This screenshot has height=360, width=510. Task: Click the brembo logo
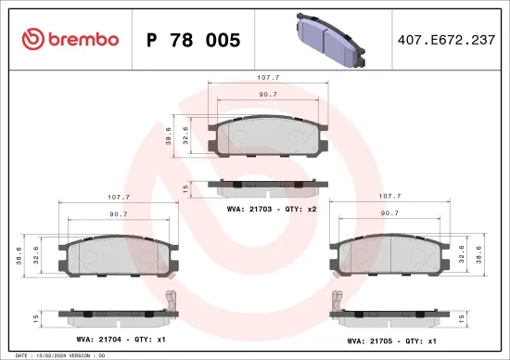[x=70, y=39]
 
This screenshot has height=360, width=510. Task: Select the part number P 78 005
[x=194, y=40]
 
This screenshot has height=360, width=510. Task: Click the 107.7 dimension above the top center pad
[x=268, y=79]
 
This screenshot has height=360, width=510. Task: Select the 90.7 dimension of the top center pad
[x=268, y=94]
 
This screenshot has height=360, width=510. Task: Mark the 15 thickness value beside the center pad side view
[x=185, y=188]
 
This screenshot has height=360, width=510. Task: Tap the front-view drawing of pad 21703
[x=268, y=139]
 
